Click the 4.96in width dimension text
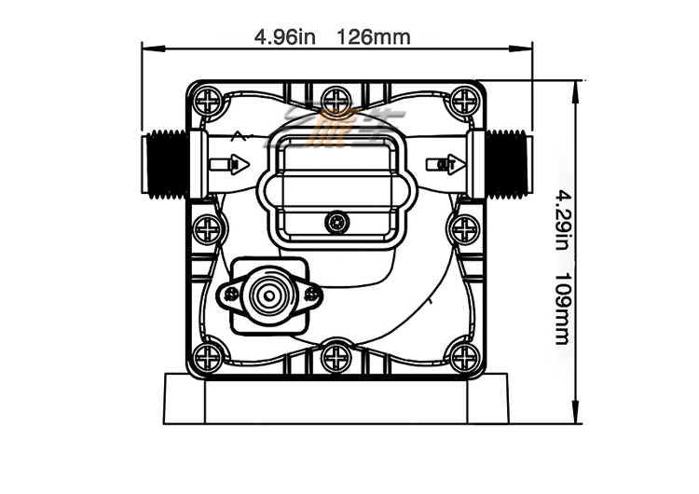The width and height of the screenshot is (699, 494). point(287,37)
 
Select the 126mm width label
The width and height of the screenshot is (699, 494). point(374,37)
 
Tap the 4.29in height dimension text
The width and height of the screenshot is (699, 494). point(562,220)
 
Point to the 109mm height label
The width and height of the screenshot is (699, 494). point(562,308)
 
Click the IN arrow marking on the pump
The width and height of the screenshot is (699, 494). point(229,165)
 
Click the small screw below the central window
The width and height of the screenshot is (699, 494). point(336,222)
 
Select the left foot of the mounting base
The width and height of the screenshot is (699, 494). point(182,398)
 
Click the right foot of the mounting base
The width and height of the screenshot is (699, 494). point(489,398)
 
